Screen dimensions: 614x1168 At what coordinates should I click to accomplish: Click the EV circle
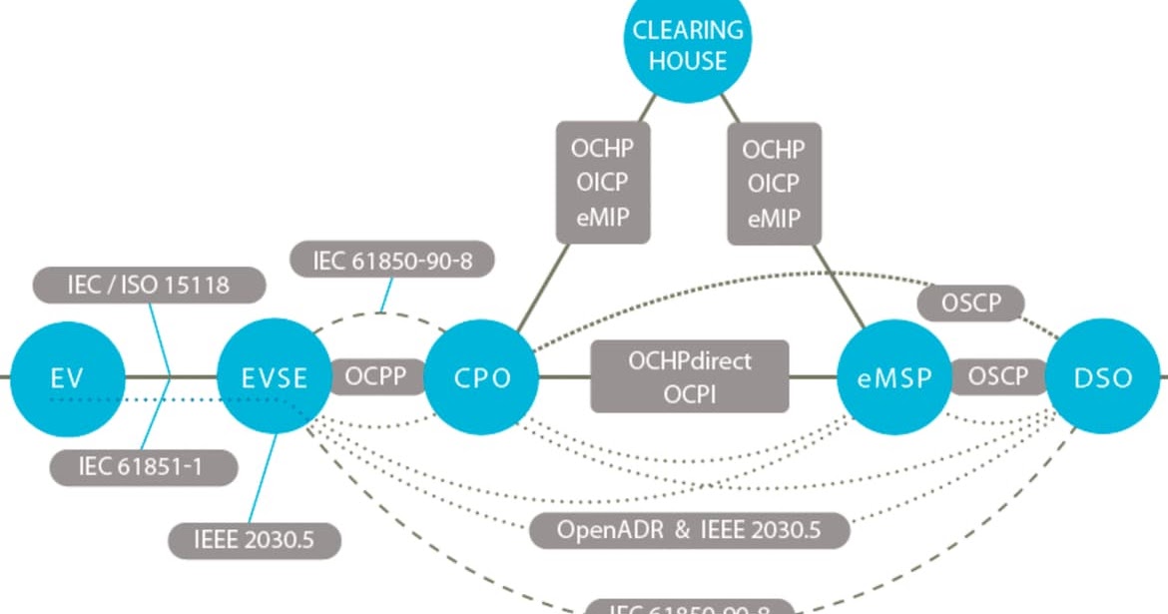coord(68,378)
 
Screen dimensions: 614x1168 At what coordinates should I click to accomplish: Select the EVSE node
coord(275,378)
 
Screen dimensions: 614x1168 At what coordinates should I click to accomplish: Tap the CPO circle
coord(482,378)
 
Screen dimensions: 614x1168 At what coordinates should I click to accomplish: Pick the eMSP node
coord(894,378)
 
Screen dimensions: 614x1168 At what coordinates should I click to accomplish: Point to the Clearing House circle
coord(688,45)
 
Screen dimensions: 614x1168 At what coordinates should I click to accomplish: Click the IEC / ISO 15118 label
coord(149,286)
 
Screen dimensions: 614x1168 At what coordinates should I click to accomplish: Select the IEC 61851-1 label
coord(140,465)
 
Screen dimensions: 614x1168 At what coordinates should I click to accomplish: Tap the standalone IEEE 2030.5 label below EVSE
coord(255,540)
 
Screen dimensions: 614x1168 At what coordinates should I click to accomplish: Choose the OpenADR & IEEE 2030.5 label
coord(689,529)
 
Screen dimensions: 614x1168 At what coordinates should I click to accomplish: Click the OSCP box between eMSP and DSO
coord(998,377)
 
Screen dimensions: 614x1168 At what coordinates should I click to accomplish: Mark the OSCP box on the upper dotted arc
coord(969,302)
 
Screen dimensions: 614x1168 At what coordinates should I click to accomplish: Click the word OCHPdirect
coord(690,359)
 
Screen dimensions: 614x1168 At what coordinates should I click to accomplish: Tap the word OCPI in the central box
coord(690,394)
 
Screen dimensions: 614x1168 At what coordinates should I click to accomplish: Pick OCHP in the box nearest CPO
coord(602,150)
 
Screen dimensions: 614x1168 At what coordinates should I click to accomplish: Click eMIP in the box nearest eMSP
coord(773,219)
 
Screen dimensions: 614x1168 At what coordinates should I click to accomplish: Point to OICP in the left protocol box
coord(602,184)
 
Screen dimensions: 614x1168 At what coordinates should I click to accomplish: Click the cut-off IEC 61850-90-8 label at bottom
coord(690,606)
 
